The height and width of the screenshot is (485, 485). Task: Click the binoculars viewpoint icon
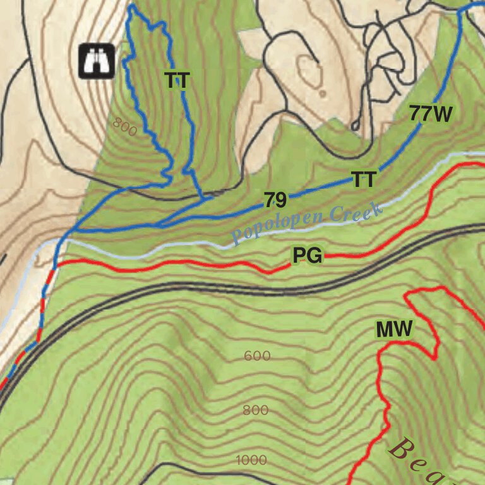(x=96, y=61)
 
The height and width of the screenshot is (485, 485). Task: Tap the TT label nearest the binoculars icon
(x=177, y=80)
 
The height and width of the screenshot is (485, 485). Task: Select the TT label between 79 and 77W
(x=364, y=180)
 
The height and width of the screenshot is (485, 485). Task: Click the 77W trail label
(x=431, y=114)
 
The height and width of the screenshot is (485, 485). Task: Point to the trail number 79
(x=275, y=201)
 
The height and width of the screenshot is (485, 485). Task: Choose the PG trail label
(x=308, y=256)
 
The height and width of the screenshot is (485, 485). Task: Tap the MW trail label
(x=394, y=329)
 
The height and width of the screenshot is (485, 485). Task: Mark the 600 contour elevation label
(x=257, y=356)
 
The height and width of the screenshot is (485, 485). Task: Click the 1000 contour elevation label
(x=251, y=460)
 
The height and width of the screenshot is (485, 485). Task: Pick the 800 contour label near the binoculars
(x=125, y=127)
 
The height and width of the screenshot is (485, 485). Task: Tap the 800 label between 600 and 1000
(x=255, y=410)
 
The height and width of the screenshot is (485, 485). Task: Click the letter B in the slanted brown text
(x=400, y=448)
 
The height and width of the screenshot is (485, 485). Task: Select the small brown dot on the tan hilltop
(x=323, y=93)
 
